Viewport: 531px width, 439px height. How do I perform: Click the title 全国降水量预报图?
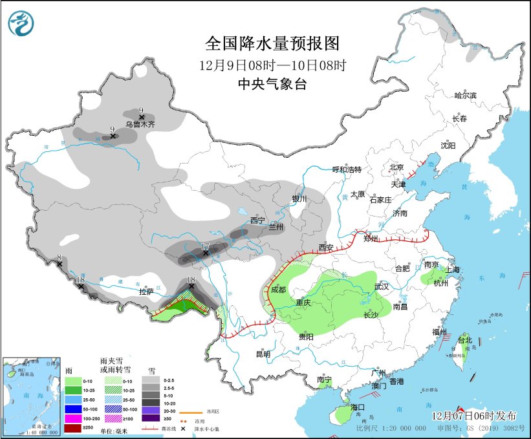[272, 43]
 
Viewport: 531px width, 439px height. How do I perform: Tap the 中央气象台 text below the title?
[272, 83]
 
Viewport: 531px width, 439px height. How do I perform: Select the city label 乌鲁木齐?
[140, 124]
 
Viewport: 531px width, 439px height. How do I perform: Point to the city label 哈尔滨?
[465, 96]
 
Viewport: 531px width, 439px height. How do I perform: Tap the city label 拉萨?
[147, 292]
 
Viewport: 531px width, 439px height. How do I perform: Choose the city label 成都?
[279, 289]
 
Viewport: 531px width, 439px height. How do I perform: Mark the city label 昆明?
[263, 354]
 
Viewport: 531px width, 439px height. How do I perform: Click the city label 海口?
[358, 407]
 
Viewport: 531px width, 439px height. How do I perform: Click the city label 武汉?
[382, 286]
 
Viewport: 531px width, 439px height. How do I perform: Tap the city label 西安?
[326, 248]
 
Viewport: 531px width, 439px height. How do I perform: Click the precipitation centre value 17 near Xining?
[205, 246]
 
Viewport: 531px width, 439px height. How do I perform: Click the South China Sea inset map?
[30, 395]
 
